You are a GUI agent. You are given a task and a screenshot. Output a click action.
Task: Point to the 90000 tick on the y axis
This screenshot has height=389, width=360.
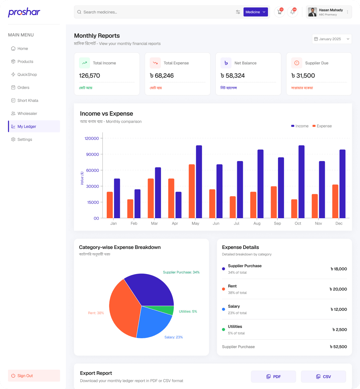tap(93, 154)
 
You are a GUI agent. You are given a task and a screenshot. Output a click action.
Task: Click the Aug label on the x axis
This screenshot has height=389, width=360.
tap(257, 223)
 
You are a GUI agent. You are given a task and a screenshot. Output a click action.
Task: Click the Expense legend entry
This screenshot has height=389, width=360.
tap(322, 126)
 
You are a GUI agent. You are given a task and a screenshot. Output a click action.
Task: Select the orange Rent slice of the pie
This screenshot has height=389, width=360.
tap(123, 309)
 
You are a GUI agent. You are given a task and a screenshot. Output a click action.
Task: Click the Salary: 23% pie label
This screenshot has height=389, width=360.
tap(173, 337)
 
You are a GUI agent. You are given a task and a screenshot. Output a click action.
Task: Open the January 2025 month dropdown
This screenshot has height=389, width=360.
tap(332, 39)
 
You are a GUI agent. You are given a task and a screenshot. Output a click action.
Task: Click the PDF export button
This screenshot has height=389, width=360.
tap(273, 377)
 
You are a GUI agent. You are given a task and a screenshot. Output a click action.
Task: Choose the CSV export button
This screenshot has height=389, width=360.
tap(323, 377)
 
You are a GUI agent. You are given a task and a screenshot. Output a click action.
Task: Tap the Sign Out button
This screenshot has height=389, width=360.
tap(34, 376)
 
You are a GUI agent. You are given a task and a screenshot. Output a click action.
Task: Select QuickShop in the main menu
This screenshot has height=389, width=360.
tap(27, 75)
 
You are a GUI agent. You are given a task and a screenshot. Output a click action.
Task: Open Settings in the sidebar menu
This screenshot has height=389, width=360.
tap(25, 139)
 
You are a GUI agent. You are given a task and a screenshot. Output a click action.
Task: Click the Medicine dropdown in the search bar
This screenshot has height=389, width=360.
tap(256, 12)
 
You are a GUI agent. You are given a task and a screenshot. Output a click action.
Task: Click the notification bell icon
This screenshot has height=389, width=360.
tap(292, 12)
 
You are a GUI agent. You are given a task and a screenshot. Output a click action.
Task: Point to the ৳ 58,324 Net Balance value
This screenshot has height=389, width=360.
tap(233, 76)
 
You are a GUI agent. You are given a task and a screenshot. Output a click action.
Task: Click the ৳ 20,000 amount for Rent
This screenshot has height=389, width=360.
tap(338, 289)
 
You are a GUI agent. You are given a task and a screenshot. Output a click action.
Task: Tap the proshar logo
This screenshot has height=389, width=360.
tap(24, 13)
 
